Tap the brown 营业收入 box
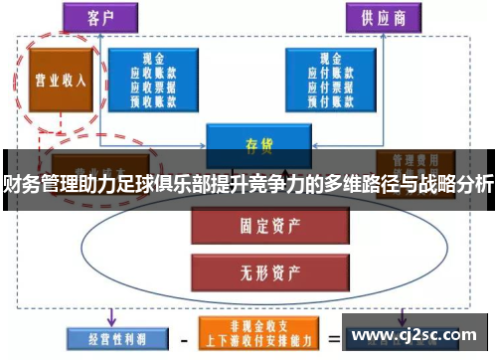pyautogui.click(x=56, y=80)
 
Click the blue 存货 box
pyautogui.click(x=258, y=141)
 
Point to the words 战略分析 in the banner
pyautogui.click(x=454, y=184)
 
